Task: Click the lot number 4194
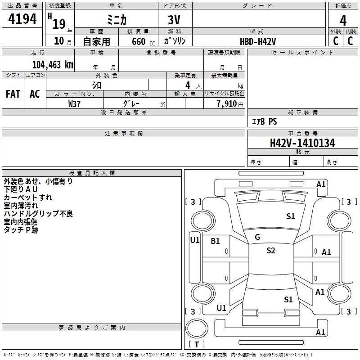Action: point(22,19)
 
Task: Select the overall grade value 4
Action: point(343,20)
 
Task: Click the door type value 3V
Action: point(175,21)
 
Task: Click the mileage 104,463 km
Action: point(53,64)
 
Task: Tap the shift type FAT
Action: point(13,94)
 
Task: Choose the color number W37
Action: point(74,103)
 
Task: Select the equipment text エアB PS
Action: point(264,121)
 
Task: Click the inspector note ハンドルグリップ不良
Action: point(38,213)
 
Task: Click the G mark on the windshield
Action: point(257,237)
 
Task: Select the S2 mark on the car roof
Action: point(270,251)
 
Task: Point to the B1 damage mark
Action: point(216,241)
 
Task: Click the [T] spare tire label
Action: point(197,344)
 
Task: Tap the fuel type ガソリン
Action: point(175,41)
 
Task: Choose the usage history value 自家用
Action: point(96,41)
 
